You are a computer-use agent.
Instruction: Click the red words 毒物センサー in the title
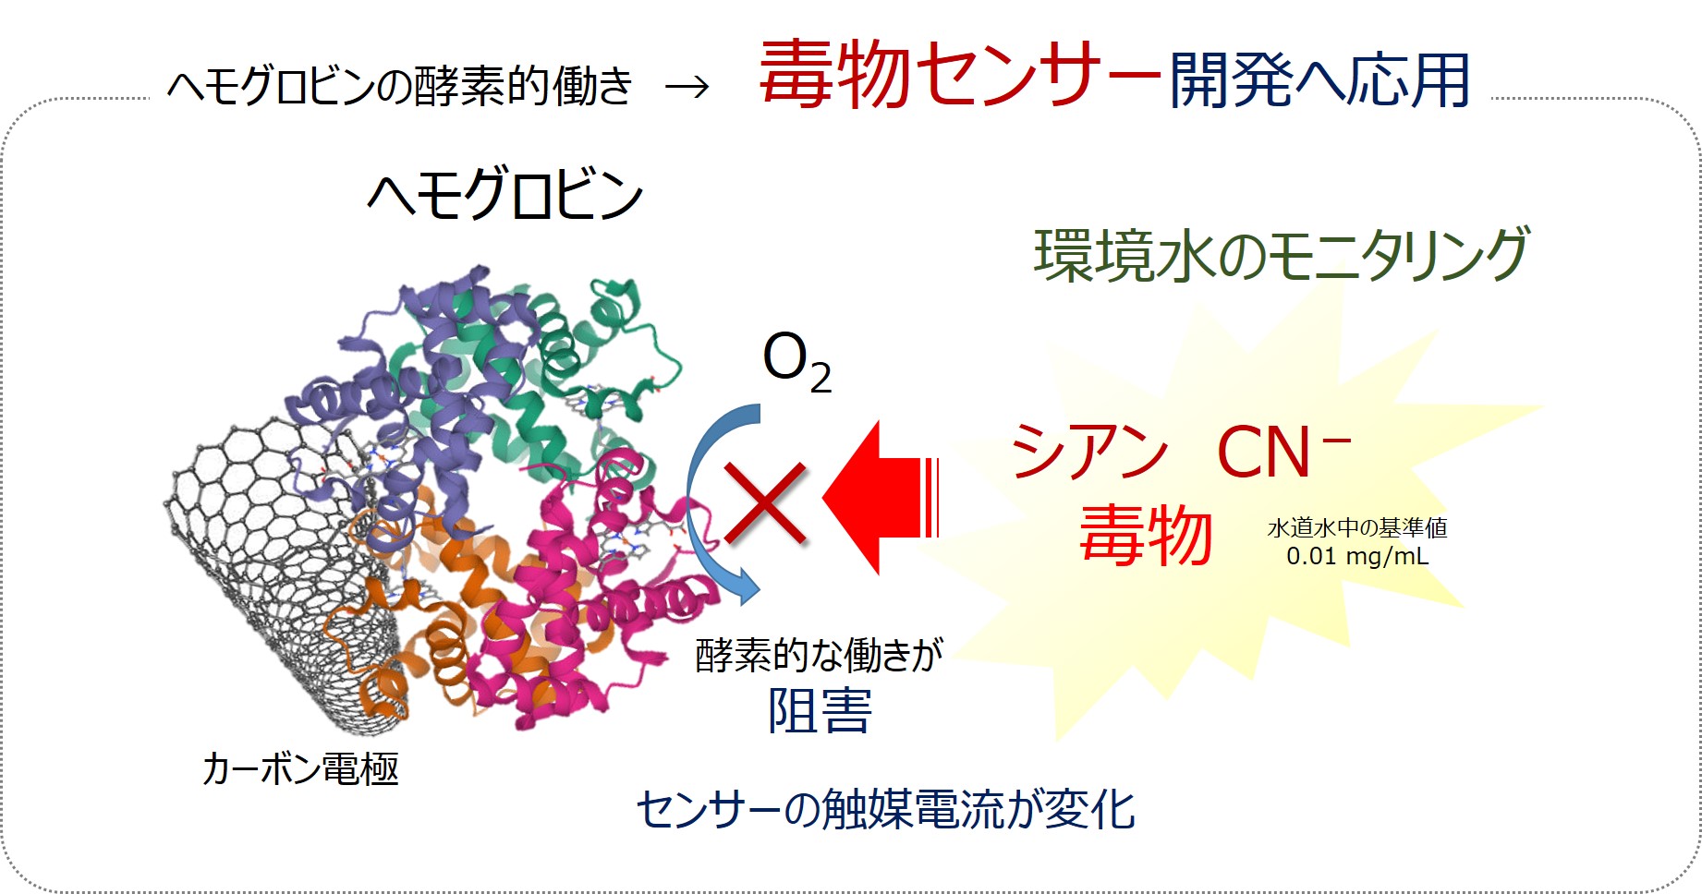pos(959,75)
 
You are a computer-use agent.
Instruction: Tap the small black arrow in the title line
pos(687,87)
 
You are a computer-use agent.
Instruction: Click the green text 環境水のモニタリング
pos(1282,255)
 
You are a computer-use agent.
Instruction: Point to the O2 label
pos(796,362)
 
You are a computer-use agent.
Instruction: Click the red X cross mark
pos(766,503)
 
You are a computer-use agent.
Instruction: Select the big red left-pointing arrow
pos(880,498)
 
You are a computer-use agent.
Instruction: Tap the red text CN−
pos(1283,452)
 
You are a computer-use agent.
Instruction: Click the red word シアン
pos(1089,452)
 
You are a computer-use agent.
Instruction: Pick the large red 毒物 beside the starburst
pos(1146,536)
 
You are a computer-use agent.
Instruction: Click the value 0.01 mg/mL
pos(1357,556)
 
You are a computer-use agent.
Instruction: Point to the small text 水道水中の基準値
pos(1357,527)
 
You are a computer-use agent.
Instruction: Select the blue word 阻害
pos(820,712)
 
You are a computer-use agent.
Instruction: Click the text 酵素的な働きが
pos(819,655)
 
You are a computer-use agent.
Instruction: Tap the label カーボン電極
pos(300,768)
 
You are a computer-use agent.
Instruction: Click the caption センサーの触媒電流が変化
pos(885,809)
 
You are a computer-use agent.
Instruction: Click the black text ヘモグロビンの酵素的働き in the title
pos(399,87)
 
